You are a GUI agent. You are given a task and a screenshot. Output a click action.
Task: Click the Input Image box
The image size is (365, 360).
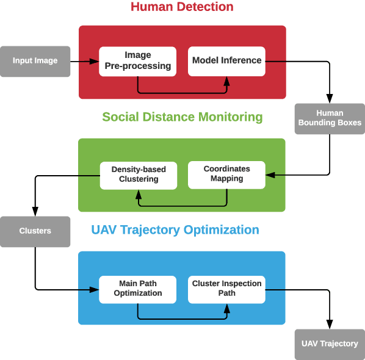point(35,61)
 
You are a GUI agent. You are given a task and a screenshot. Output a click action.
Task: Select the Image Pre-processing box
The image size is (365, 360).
point(137,61)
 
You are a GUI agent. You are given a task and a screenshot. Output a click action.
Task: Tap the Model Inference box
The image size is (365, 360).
point(226,61)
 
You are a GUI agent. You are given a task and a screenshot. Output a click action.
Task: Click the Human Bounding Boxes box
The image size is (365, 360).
point(330,118)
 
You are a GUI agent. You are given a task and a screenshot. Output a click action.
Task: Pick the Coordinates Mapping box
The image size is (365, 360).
point(226,174)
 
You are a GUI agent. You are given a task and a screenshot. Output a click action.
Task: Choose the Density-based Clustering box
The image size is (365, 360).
point(137,174)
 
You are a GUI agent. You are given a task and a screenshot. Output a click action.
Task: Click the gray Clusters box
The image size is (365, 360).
point(35,231)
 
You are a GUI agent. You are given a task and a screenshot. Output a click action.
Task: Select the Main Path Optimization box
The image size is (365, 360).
point(137,289)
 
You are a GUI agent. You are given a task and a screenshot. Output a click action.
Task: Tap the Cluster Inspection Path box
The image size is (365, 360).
point(226,289)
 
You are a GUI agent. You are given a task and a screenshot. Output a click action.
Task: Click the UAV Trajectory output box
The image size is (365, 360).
point(330,344)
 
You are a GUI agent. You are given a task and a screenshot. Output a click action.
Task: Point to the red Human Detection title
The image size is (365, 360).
point(182,7)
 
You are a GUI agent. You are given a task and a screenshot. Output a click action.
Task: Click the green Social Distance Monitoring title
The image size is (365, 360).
point(182,117)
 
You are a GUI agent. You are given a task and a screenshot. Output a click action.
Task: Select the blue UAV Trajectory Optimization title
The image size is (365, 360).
point(175,230)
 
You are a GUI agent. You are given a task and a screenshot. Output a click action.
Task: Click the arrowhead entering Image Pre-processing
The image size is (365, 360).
point(95,61)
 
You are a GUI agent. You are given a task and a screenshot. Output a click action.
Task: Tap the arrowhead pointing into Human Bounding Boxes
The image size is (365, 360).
point(330,99)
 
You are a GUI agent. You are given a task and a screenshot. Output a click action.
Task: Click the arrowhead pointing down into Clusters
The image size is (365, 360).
point(35,212)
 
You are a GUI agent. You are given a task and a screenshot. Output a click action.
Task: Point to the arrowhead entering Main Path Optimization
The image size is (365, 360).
point(95,289)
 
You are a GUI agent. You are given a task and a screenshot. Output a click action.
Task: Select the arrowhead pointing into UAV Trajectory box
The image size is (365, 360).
point(330,325)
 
